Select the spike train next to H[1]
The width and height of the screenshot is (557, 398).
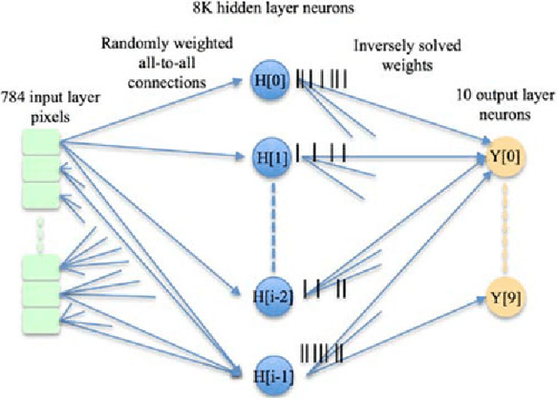(x=322, y=155)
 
